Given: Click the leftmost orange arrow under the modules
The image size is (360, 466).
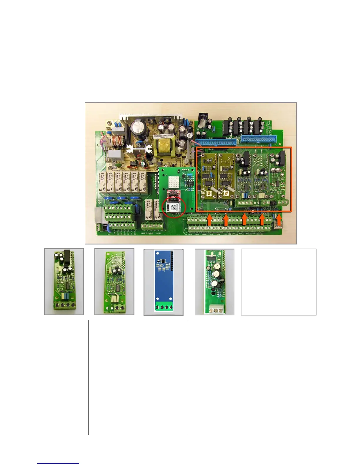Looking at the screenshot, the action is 209,220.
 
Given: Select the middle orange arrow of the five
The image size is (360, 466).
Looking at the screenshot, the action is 244,219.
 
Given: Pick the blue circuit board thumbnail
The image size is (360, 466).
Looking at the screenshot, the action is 163,282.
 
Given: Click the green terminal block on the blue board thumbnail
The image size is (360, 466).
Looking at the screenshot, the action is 163,307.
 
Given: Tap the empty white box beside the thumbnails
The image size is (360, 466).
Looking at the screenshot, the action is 278,282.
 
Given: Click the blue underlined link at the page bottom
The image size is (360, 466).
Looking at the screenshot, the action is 58,463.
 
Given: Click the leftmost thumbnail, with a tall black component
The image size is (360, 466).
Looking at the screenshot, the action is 64,282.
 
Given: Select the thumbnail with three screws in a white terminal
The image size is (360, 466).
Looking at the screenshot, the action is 214,282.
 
